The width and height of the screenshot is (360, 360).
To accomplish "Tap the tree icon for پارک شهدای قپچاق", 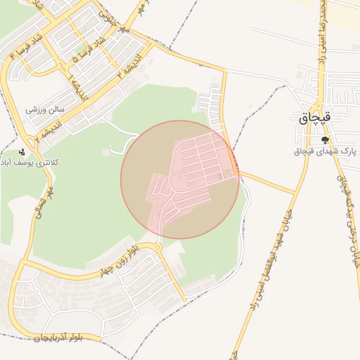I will [x=324, y=140].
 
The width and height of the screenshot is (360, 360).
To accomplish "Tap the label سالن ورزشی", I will [x=45, y=110].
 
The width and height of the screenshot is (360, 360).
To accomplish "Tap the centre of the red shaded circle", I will [x=180, y=179].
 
